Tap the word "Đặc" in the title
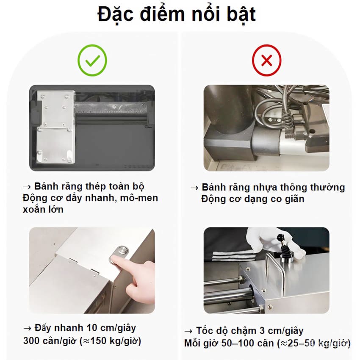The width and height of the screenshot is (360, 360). [x=116, y=14]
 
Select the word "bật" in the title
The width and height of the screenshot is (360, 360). [x=241, y=14]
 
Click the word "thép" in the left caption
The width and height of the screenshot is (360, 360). [x=96, y=187]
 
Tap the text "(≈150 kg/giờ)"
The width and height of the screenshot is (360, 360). [x=111, y=341]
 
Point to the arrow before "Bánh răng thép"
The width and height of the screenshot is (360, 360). [x=27, y=187]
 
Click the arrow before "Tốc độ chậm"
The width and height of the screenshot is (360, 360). [x=188, y=331]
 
